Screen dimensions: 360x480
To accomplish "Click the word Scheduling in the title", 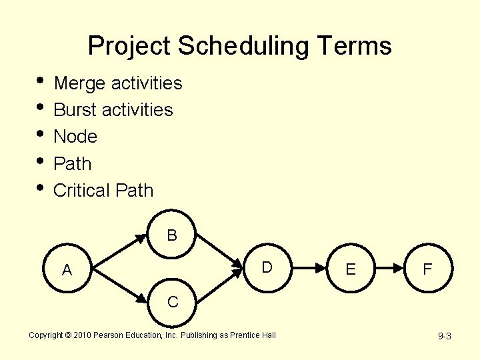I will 245,46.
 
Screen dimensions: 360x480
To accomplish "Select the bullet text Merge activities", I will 117,83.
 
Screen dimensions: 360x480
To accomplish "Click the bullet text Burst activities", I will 113,110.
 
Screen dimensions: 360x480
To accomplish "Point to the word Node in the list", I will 75,137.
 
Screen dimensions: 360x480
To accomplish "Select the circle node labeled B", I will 172,235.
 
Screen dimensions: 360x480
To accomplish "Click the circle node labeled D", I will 267,268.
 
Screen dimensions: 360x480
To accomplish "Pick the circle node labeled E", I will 351,269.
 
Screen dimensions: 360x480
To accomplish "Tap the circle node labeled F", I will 428,269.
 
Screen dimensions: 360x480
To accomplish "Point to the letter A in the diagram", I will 67,270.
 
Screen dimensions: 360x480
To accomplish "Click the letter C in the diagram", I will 173,302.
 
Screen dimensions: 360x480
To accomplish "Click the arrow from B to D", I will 219,249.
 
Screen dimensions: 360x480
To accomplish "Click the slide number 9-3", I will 445,336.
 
